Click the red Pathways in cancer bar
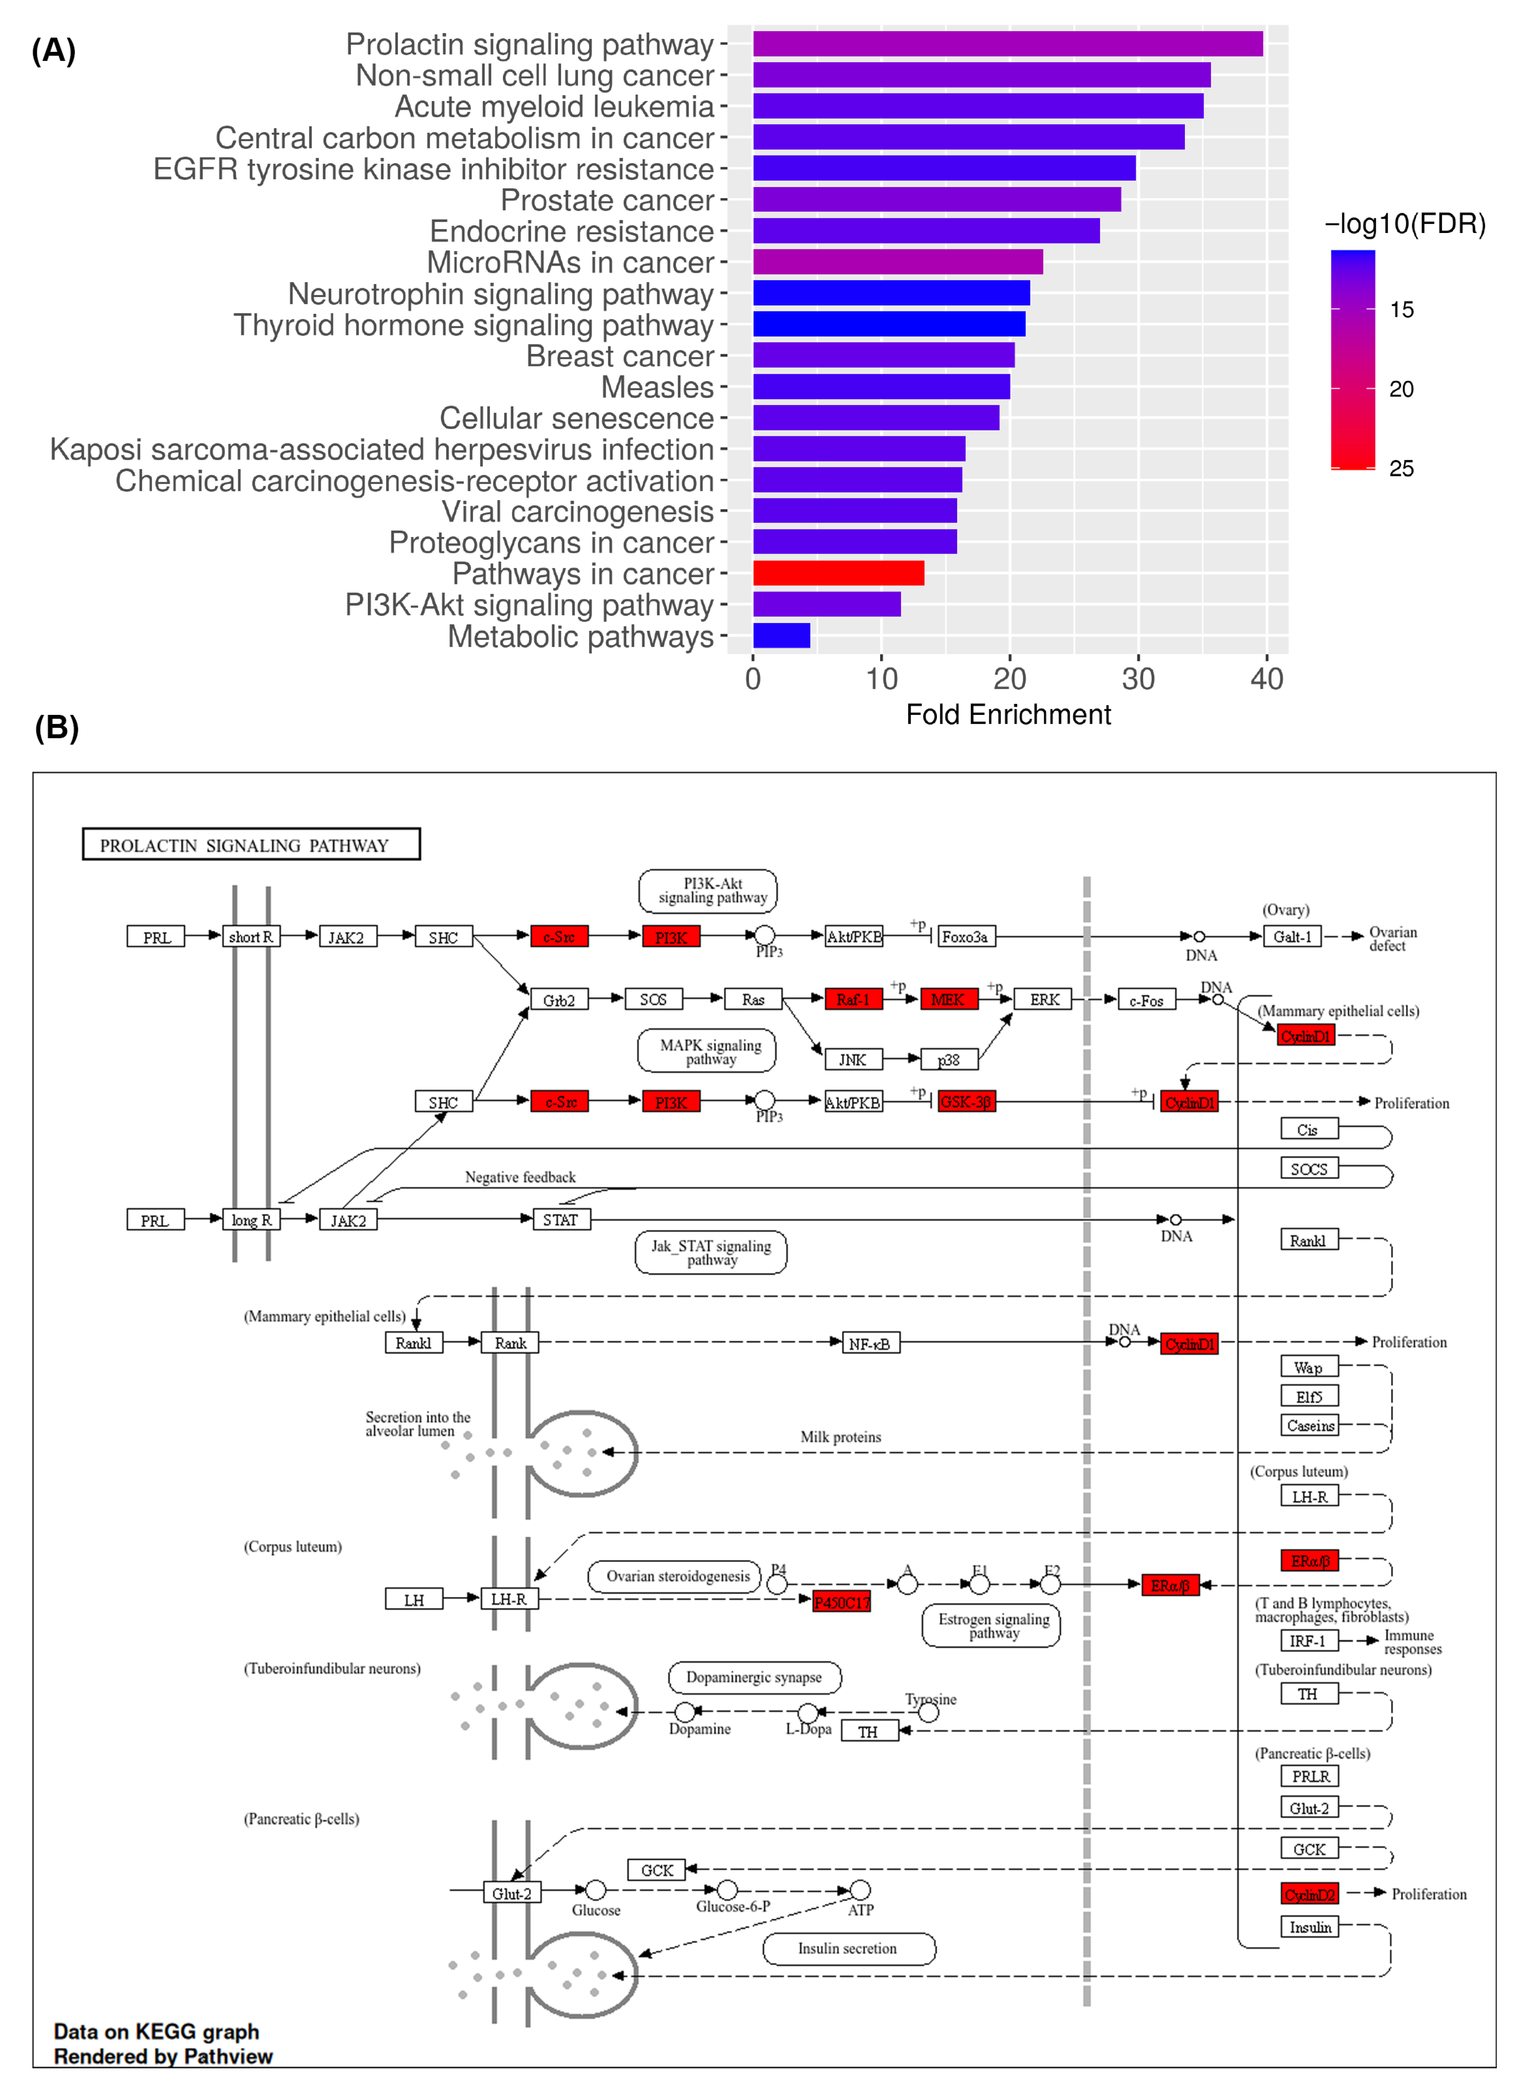[838, 573]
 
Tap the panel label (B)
[56, 727]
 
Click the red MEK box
[947, 999]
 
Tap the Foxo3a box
[965, 936]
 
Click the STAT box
[560, 1220]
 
